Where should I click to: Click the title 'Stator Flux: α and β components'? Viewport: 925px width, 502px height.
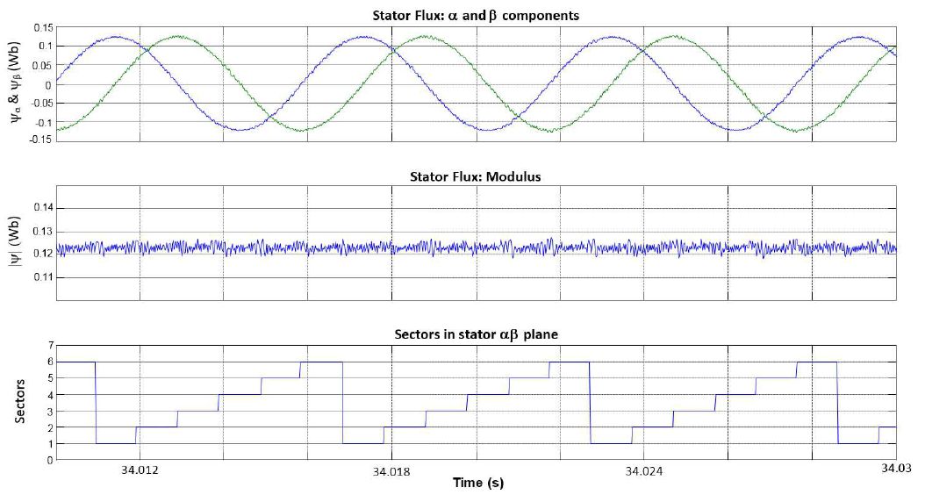[476, 15]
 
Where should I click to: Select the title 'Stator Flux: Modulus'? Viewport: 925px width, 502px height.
[476, 176]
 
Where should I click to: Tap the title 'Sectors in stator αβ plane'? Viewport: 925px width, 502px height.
[476, 333]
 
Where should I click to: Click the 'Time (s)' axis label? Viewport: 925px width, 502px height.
[477, 483]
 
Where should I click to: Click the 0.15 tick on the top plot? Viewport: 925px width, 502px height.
[40, 28]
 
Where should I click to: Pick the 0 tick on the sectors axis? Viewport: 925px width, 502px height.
[49, 459]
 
